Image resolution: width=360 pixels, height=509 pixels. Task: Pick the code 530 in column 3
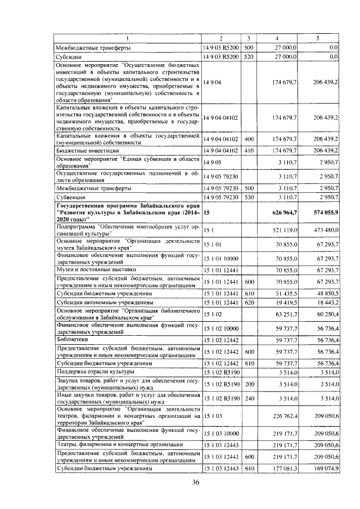(250, 198)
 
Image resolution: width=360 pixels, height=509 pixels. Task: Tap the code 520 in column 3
(250, 57)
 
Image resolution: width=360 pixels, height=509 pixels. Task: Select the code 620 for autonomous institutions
(250, 303)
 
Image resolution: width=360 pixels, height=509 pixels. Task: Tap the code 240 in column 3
(250, 398)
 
